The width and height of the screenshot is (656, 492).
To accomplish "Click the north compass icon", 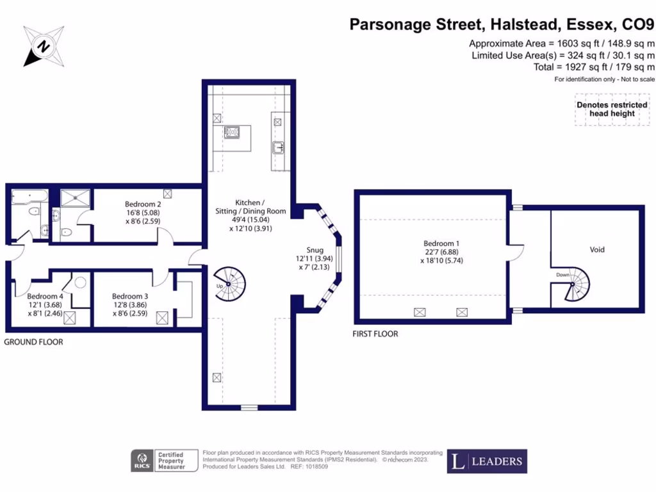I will click(x=44, y=46).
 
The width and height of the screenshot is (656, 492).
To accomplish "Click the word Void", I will click(x=597, y=250).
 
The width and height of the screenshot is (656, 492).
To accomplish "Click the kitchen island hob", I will click(x=232, y=133).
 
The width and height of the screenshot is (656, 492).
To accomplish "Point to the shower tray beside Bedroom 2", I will click(x=76, y=195).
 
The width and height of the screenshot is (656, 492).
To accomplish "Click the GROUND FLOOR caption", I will click(x=33, y=342).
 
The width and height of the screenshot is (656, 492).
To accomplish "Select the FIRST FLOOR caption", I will click(x=375, y=334).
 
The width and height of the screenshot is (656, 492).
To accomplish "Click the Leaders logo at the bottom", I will click(x=487, y=461).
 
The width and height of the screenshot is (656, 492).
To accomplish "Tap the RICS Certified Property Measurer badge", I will click(x=159, y=461).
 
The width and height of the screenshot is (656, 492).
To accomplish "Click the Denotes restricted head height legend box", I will click(x=612, y=109).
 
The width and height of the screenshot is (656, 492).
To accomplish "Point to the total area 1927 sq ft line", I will click(x=594, y=67).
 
